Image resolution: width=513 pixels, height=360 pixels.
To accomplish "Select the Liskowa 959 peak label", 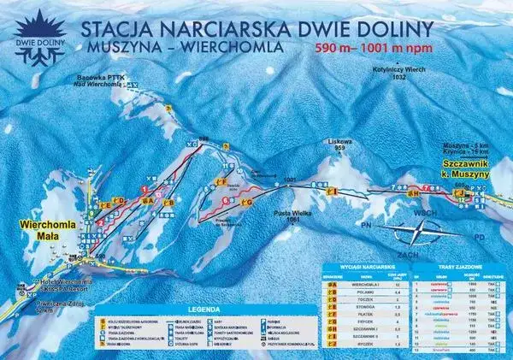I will tap(334, 145).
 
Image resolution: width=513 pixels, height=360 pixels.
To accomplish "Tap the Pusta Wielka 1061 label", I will tap(296, 215).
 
